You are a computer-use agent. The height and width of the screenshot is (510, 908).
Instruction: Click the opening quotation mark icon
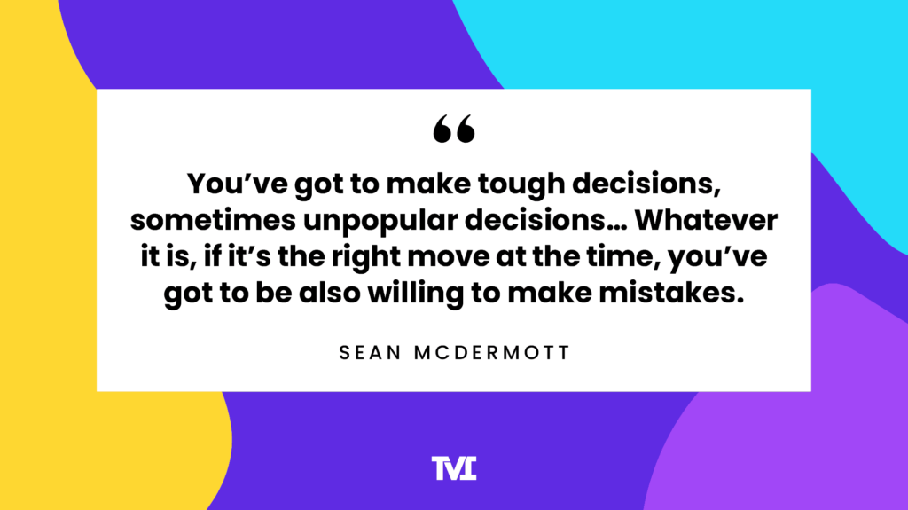point(454,129)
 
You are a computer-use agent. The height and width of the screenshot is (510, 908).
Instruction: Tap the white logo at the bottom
point(454,467)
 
